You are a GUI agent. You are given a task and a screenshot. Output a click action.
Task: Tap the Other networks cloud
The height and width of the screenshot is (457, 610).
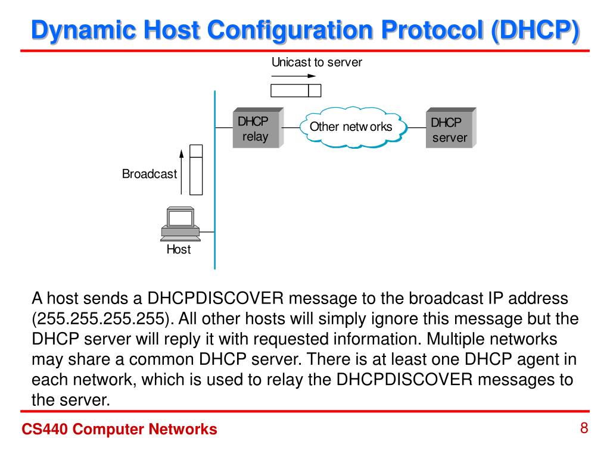pos(351,127)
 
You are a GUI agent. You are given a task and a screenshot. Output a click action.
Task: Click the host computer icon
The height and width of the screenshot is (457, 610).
pos(180,224)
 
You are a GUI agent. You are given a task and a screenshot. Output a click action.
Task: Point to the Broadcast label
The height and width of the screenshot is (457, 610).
pos(150,174)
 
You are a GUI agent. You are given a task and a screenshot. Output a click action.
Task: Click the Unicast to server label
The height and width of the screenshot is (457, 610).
pos(316,62)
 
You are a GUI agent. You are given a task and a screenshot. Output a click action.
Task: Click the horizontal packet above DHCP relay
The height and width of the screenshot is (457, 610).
pos(296,90)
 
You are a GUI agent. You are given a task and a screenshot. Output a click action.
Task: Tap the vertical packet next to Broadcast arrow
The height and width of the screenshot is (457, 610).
pos(196,170)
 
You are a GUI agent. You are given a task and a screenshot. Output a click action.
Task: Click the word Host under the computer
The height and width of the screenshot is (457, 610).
pos(179,250)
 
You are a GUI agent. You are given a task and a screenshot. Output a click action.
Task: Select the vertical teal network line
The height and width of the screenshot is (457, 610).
pos(214,179)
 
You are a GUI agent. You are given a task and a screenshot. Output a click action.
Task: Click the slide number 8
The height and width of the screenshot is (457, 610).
pos(584,428)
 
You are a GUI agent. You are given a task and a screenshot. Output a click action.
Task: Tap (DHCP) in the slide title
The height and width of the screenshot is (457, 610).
pos(534,30)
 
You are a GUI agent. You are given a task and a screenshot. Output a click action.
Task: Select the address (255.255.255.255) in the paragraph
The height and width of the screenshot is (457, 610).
pos(102,318)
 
